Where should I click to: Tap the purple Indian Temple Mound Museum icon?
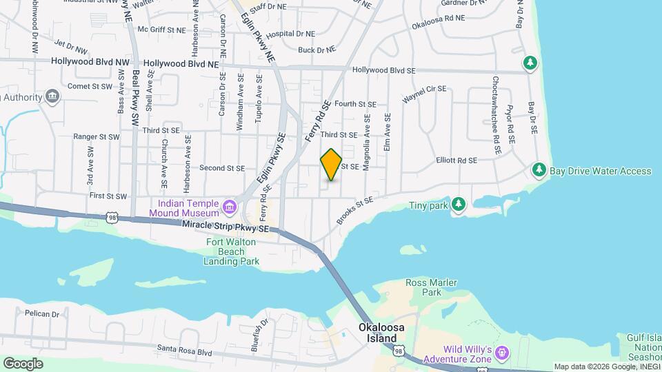230,205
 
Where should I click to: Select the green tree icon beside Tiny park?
459,204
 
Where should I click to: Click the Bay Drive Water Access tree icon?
539,170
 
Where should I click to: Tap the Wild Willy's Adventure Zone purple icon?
502,353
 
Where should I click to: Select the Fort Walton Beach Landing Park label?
233,251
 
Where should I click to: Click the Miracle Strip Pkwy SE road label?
225,226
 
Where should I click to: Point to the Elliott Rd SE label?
457,161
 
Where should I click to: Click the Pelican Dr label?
62,313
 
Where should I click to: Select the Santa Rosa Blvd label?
184,349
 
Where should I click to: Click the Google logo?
23,363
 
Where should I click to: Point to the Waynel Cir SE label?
425,94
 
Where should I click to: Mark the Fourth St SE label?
356,104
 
